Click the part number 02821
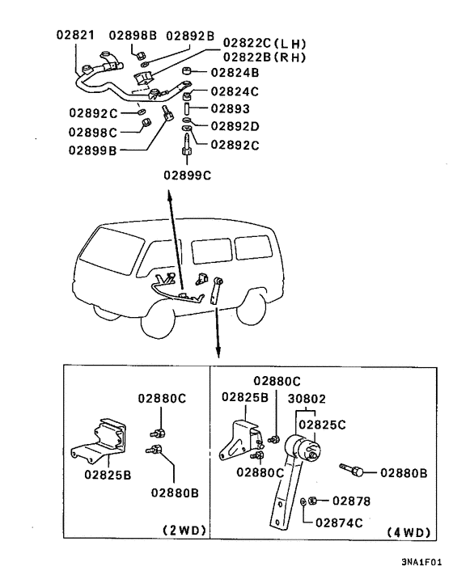75,36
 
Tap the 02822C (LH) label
265,43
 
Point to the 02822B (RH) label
265,57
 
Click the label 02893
230,108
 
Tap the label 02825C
323,423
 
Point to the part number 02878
351,501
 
